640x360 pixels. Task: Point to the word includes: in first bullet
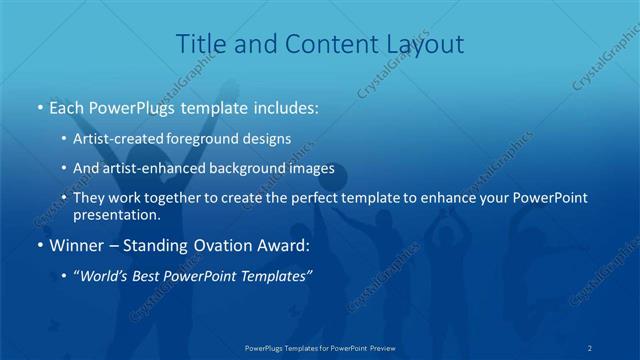(x=284, y=105)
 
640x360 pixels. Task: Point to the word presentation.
(x=117, y=215)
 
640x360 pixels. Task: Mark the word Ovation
(x=243, y=245)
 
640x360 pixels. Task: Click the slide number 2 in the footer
(x=590, y=347)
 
